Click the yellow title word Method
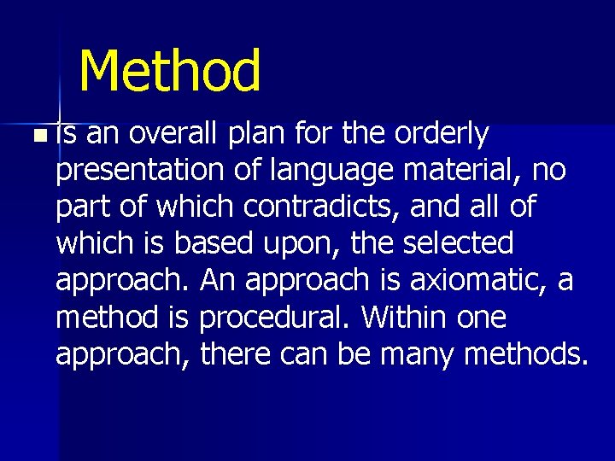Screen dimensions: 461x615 170,71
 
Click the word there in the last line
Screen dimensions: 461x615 238,354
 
